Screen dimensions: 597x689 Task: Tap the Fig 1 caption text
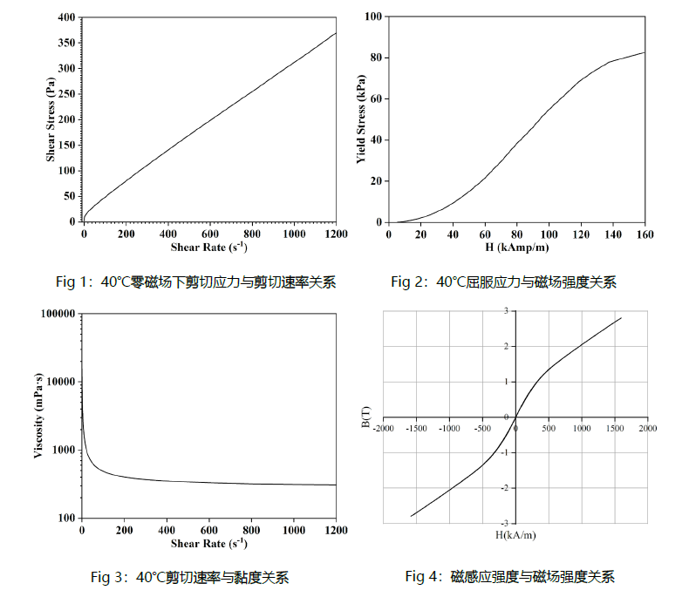coord(196,282)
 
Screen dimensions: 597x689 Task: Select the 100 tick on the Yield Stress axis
coord(373,17)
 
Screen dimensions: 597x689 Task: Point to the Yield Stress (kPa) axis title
coord(359,119)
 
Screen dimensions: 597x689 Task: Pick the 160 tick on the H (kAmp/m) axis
coord(645,234)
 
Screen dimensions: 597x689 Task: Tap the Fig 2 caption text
coord(503,282)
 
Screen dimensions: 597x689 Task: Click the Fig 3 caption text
coord(190,577)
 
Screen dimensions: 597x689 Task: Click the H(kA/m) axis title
coord(515,533)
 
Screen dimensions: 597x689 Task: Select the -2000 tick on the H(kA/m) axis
coord(384,428)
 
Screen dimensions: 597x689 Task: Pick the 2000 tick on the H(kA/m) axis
coord(646,428)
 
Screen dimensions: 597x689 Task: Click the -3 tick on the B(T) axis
coord(504,524)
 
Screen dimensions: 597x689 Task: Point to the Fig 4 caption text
coord(510,577)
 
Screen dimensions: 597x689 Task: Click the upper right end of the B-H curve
coord(621,318)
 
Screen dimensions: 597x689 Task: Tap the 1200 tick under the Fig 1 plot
coord(335,234)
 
